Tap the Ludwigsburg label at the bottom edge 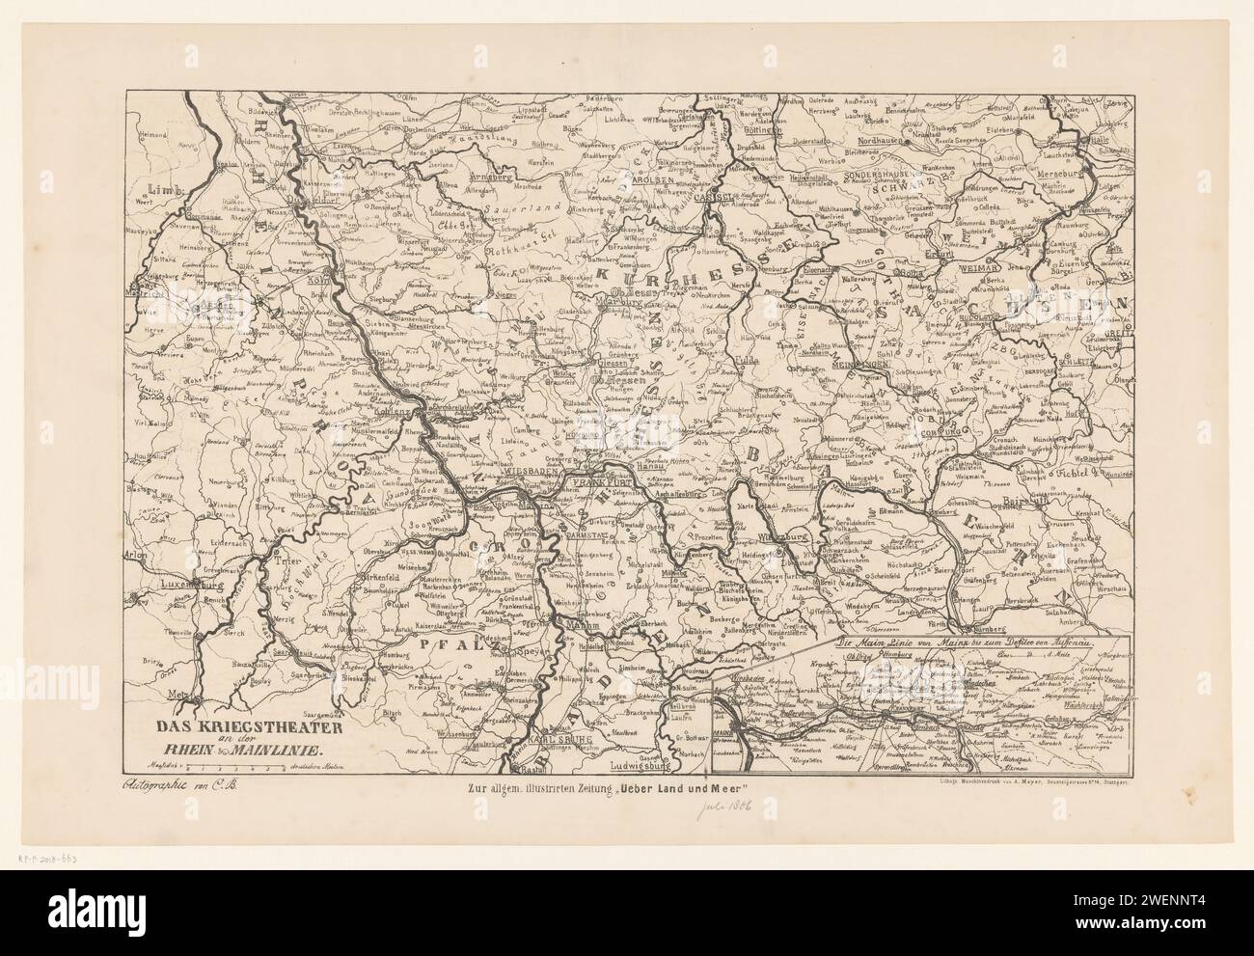641,768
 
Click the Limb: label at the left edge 149,192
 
